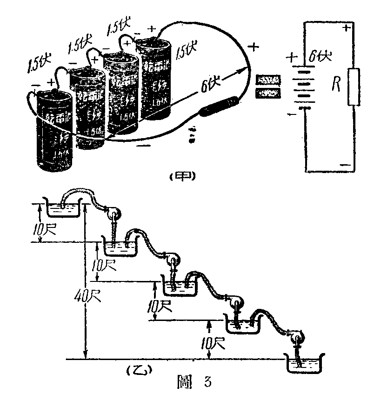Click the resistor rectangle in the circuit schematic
click(x=354, y=87)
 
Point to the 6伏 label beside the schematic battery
click(x=320, y=57)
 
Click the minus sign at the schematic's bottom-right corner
click(x=345, y=164)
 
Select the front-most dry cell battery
click(x=54, y=133)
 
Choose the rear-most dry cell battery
click(x=155, y=79)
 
